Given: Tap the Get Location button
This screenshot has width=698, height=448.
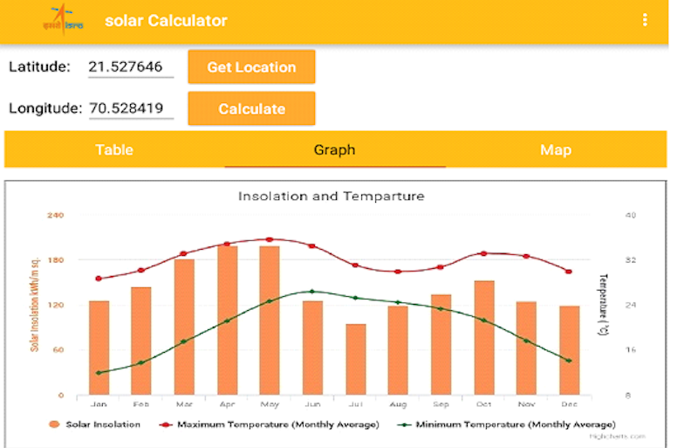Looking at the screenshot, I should [251, 67].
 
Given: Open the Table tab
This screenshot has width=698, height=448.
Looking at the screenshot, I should [114, 149].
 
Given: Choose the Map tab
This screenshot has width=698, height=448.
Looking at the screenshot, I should [556, 149].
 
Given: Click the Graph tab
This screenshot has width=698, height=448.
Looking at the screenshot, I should [335, 149].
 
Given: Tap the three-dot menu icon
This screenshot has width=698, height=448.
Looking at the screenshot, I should [645, 20].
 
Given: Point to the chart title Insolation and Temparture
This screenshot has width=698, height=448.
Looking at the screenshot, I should [332, 196].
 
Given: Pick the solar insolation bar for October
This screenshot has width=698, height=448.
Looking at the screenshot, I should [484, 337].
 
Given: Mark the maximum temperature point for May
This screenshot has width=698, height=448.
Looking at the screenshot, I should [270, 239].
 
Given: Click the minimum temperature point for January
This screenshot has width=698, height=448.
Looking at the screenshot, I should [99, 373].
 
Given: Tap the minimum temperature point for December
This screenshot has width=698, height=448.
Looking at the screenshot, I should [569, 361].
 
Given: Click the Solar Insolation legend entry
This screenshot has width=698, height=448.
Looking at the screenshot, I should [96, 424].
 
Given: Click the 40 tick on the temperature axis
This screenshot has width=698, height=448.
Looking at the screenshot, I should [631, 215].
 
